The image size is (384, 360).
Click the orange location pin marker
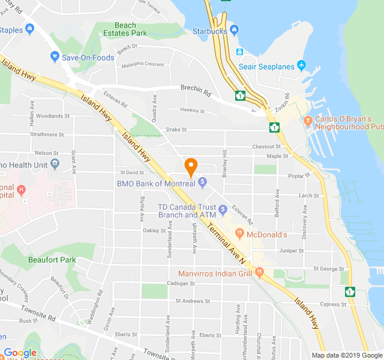point(191,166)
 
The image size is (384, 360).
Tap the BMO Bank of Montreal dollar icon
point(203,181)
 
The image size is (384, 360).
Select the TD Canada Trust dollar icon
point(223,209)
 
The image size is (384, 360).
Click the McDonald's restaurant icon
point(238,233)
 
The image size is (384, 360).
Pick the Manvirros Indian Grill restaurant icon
point(259,272)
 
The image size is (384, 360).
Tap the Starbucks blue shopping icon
point(234,29)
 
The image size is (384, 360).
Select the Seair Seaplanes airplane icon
point(301,64)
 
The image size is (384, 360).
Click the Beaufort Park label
point(52,260)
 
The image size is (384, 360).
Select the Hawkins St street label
point(192,110)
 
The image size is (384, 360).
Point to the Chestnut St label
point(266,146)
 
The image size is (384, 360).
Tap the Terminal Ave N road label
point(226,242)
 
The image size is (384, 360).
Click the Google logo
point(20,353)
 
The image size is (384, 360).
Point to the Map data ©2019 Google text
point(346,355)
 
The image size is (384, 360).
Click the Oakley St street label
point(154,230)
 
